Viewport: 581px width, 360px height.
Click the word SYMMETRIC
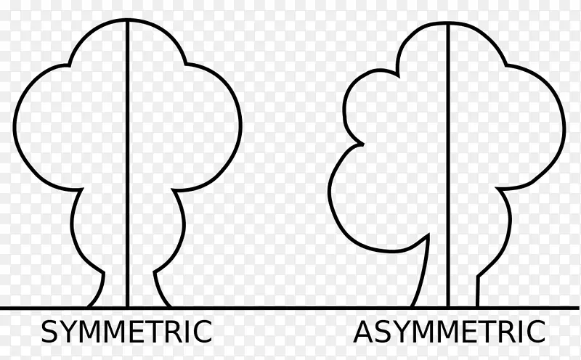pos(126,332)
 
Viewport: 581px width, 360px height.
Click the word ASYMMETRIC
pos(449,332)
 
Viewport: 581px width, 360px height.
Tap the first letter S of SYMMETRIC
pos(49,332)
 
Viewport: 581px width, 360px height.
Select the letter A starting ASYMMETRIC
pos(362,332)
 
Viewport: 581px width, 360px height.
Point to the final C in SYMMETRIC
pos(203,332)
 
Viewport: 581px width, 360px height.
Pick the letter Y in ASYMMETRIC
pos(401,332)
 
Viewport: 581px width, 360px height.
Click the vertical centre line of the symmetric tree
pos(128,163)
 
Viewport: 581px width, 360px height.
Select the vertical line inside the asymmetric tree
pos(448,165)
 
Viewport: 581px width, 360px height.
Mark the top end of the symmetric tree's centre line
pos(128,20)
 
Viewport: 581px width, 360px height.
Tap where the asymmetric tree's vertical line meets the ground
pos(448,307)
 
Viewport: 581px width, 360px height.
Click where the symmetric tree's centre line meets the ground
pos(128,307)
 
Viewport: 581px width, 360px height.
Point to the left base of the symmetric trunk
pos(89,307)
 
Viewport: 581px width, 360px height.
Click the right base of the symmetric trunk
pos(170,307)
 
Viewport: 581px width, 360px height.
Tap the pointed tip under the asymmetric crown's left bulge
pos(428,234)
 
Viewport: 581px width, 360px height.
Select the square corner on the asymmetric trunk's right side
pos(478,277)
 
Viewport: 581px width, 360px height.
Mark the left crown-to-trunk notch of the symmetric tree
pos(82,189)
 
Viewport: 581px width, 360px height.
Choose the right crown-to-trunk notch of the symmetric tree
pos(173,190)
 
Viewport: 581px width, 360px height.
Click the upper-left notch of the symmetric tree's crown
pos(69,65)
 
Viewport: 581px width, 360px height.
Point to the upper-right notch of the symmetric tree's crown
pos(186,64)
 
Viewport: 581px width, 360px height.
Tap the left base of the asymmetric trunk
pos(412,307)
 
